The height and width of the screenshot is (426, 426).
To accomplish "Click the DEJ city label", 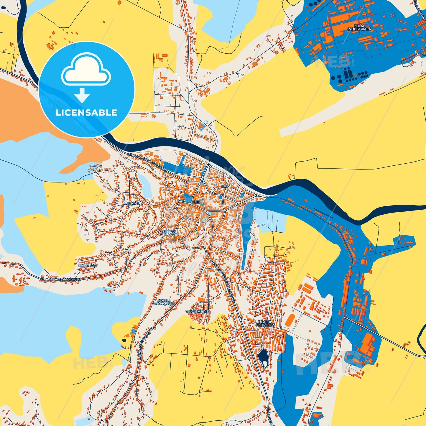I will coord(197,202).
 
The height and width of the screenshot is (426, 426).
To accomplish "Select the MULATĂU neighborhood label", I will coord(132,203).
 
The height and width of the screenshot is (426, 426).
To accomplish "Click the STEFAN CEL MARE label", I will coord(170,233).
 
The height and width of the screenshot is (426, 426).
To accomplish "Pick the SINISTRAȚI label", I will coord(87,265).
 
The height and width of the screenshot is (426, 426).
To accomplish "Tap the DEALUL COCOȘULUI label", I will coord(164,302).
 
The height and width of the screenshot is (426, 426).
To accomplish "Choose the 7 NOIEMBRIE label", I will coord(197,312).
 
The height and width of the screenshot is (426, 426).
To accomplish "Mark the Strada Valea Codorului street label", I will coord(60,279).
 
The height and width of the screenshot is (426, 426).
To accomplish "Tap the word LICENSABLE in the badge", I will coord(86,113).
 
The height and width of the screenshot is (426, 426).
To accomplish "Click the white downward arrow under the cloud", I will coord(82,95).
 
